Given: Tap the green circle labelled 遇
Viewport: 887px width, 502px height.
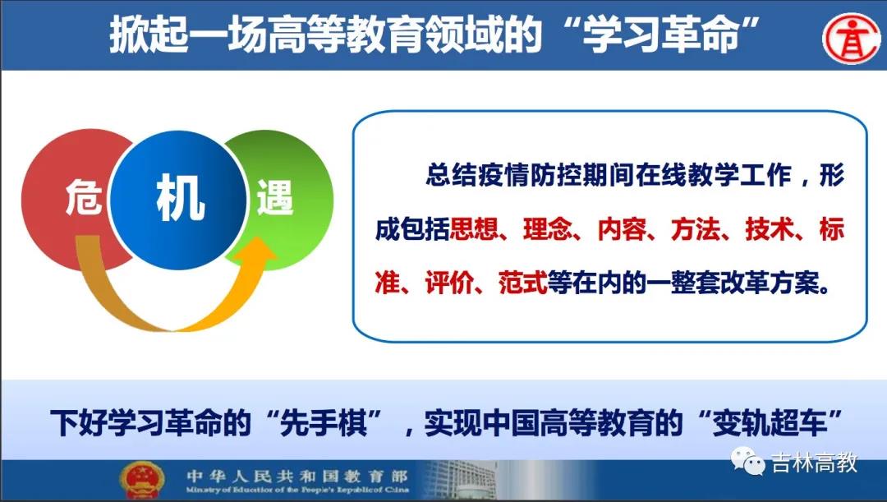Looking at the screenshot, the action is (288, 198).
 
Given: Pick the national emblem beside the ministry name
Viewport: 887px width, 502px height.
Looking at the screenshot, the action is (141, 480).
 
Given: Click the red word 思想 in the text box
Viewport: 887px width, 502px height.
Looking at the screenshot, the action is (474, 229).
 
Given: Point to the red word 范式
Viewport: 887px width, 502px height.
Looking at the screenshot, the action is (522, 283).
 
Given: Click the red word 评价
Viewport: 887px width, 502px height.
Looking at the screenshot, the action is (449, 283).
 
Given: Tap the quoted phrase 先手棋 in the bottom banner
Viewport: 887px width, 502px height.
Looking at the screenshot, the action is (324, 422).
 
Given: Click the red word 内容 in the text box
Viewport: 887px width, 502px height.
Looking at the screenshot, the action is (622, 229).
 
